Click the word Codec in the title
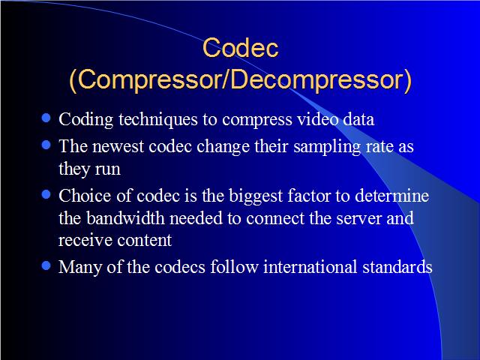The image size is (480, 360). [x=240, y=47]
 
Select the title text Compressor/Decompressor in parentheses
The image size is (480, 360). [x=240, y=80]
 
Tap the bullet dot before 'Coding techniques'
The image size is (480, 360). [x=46, y=118]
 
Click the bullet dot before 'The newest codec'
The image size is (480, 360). [x=46, y=145]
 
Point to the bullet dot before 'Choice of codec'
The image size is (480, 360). [x=46, y=194]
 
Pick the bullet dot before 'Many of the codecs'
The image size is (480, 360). [x=46, y=265]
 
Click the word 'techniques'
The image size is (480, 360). [x=158, y=120]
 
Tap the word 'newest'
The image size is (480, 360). [x=118, y=146]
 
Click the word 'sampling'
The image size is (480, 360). [x=327, y=147]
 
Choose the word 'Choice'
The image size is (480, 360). [x=85, y=195]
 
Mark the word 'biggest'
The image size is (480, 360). [x=256, y=196]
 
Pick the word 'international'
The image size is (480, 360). [x=310, y=266]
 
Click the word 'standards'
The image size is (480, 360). [x=397, y=266]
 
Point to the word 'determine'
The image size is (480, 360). [x=391, y=195]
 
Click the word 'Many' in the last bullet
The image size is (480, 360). [x=80, y=268]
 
